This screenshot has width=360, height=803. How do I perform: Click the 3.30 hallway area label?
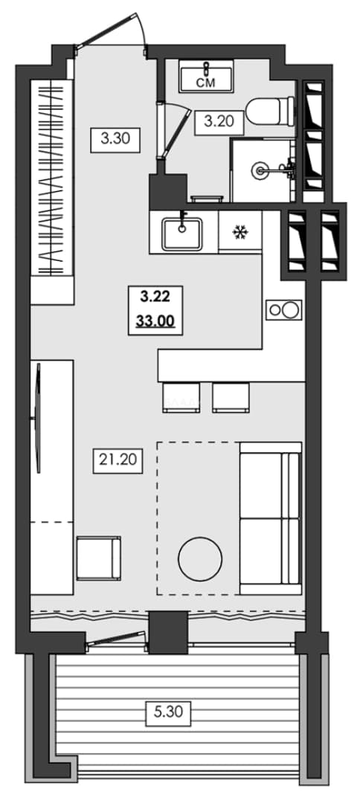pyautogui.click(x=115, y=139)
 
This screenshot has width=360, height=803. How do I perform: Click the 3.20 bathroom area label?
pyautogui.click(x=219, y=122)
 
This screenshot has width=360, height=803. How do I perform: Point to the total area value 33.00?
pyautogui.click(x=155, y=321)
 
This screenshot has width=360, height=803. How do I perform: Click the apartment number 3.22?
pyautogui.click(x=155, y=296)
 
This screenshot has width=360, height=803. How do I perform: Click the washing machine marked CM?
pyautogui.click(x=206, y=76)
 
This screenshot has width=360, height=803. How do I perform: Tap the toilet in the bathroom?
pyautogui.click(x=271, y=111)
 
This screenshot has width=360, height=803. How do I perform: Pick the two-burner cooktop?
pyautogui.click(x=283, y=310)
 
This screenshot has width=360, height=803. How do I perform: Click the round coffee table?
pyautogui.click(x=200, y=558)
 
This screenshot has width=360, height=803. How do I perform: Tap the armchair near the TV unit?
pyautogui.click(x=99, y=558)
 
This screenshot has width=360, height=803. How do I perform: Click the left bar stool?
pyautogui.click(x=181, y=397)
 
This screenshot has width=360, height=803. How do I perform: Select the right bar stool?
pyautogui.click(x=231, y=397)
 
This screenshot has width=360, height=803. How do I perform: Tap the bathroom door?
pyautogui.click(x=174, y=131)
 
